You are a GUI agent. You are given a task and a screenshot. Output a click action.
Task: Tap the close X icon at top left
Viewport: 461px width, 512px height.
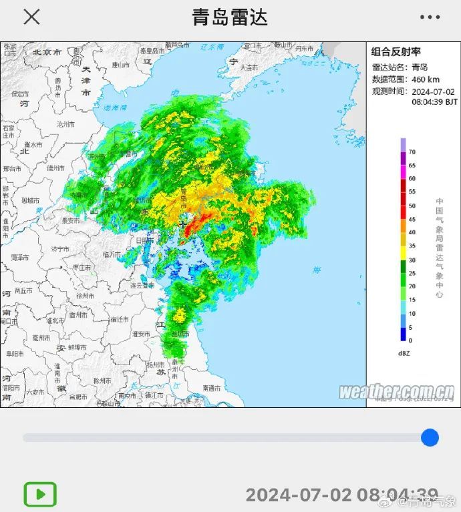click(x=31, y=17)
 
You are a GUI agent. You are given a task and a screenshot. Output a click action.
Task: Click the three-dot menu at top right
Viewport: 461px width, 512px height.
click(x=430, y=17)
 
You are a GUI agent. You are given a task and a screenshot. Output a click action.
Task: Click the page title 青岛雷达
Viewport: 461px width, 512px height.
click(x=230, y=17)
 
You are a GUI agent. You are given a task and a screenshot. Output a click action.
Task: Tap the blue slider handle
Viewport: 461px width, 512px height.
click(x=430, y=438)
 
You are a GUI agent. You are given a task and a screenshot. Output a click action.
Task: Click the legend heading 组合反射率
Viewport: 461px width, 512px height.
click(x=396, y=52)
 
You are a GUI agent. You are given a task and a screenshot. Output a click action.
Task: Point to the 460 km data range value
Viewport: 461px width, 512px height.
click(x=426, y=79)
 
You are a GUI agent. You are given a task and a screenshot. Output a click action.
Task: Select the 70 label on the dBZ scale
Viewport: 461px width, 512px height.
click(x=412, y=152)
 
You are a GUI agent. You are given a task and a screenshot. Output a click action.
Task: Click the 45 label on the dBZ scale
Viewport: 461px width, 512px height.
click(x=412, y=219)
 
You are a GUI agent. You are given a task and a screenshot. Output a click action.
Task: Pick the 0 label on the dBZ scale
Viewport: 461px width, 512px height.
click(x=410, y=340)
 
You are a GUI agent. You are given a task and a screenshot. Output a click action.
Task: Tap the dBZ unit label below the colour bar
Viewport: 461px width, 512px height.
click(x=404, y=353)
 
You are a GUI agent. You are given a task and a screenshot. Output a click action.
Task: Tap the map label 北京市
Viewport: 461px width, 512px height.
click(x=47, y=51)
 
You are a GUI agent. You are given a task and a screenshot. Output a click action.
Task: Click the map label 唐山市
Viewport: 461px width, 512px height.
click(x=121, y=65)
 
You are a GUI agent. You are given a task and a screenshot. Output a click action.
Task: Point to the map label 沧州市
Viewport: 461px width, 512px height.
click(x=65, y=124)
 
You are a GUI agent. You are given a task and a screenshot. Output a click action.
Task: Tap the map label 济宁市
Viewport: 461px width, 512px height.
click(x=60, y=248)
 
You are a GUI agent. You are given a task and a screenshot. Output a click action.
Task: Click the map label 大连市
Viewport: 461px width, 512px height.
click(x=249, y=67)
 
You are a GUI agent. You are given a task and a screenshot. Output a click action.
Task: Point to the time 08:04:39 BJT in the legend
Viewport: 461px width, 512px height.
click(x=434, y=102)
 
